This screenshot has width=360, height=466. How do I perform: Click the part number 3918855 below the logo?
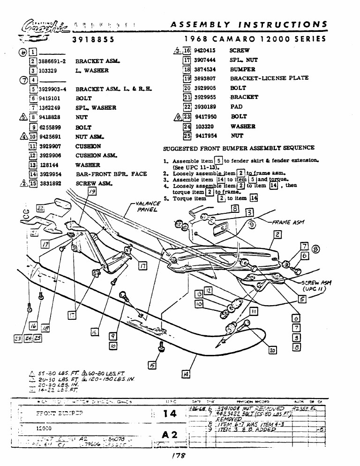tap(93, 40)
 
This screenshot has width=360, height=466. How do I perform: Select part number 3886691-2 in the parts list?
tap(52, 61)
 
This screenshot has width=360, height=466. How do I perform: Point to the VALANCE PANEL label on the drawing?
tap(146, 207)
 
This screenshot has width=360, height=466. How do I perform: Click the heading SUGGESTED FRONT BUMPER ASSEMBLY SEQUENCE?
tap(232, 148)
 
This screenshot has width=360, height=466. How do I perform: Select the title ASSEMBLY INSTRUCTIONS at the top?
tap(249, 24)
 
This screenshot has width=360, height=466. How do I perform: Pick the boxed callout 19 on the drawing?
tap(92, 191)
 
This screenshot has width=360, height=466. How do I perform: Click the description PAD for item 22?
tap(236, 107)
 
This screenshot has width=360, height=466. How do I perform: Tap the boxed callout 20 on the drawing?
tap(272, 350)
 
